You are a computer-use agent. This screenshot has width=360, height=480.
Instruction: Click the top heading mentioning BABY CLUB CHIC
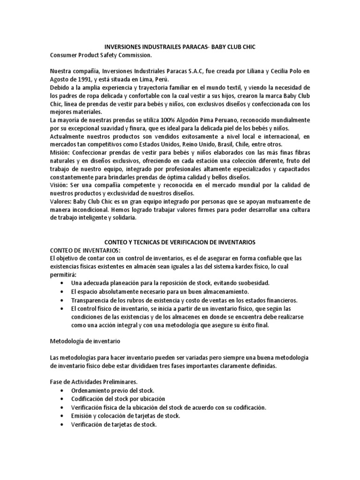(180, 47)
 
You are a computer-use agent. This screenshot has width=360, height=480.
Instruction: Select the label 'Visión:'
(60, 185)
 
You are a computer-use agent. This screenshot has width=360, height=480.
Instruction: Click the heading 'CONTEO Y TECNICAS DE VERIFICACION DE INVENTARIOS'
(180, 242)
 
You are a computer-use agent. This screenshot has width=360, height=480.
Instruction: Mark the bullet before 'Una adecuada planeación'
(63, 284)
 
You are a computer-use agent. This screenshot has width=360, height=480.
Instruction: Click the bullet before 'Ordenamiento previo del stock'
(63, 390)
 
